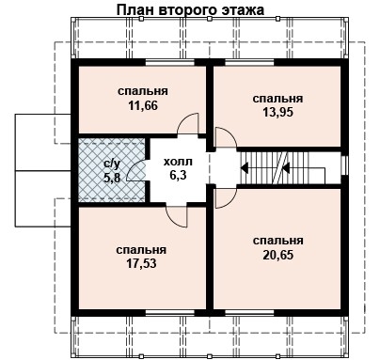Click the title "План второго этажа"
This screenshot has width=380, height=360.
click(191, 10)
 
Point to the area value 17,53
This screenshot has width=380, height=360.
click(142, 265)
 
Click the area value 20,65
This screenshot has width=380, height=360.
click(278, 256)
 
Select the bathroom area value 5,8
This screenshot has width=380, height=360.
click(111, 176)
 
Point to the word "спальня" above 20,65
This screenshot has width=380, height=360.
click(278, 242)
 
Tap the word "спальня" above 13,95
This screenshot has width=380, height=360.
click(278, 98)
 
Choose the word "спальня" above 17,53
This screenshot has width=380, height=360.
click(142, 251)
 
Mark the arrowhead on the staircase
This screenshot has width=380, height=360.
click(245, 170)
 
